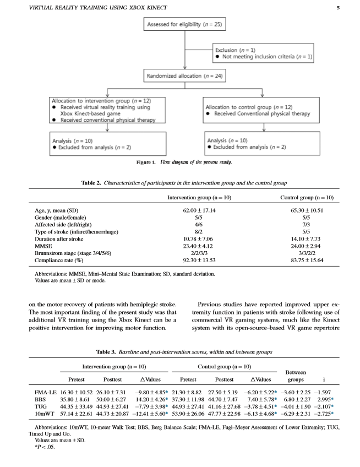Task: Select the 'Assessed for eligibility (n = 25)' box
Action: tap(180, 25)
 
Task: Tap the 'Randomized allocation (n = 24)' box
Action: tap(180, 75)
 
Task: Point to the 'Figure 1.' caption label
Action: tap(147, 162)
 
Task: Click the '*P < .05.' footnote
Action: tap(46, 448)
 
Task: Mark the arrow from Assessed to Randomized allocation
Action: tap(180, 51)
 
